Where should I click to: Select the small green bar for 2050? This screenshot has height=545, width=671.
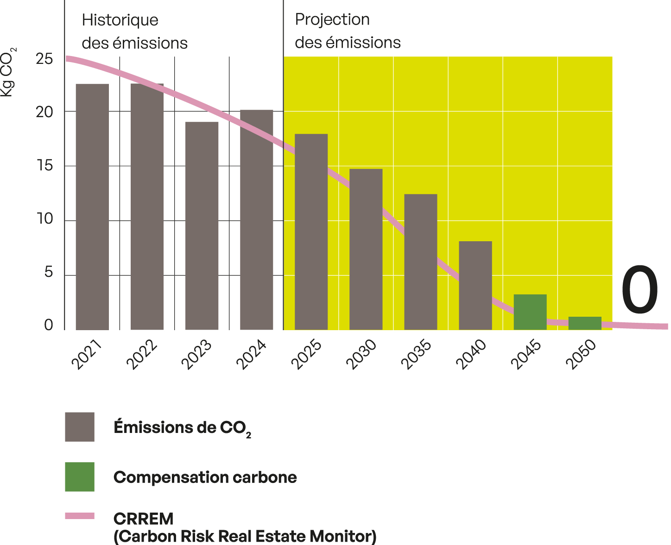(x=584, y=323)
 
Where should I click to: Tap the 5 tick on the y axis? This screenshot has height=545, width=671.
(x=48, y=273)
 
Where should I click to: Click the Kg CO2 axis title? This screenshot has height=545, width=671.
(x=8, y=71)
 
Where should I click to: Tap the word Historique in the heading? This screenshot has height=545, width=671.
(x=120, y=20)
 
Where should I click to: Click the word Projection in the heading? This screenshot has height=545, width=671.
(x=332, y=19)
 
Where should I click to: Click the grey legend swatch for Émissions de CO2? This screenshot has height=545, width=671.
(x=80, y=426)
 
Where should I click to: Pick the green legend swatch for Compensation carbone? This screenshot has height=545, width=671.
(x=80, y=476)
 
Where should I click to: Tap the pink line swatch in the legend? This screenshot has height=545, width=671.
(x=80, y=515)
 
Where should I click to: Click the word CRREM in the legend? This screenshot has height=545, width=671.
(x=143, y=519)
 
